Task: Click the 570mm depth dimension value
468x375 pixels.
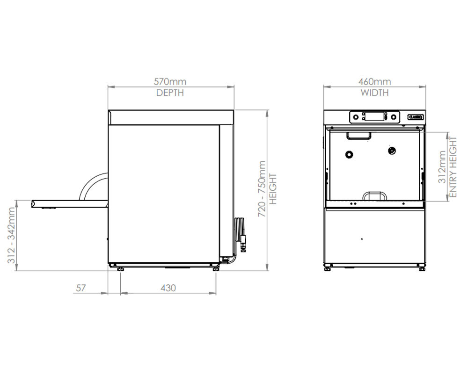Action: (170, 82)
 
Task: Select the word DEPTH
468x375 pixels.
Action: (170, 93)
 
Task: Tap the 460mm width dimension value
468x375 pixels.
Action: (374, 82)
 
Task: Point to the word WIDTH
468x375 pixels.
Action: (374, 93)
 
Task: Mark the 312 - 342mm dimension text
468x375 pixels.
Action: (12, 236)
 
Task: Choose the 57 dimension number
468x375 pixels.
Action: (80, 288)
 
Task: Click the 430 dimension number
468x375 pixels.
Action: (168, 288)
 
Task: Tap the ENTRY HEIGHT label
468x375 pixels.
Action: (453, 166)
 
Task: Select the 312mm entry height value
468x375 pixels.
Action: (442, 167)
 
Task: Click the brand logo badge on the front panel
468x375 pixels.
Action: (416, 117)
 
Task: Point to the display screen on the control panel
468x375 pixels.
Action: (374, 116)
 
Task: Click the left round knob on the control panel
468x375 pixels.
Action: (356, 117)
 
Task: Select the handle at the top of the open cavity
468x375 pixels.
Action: (358, 136)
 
